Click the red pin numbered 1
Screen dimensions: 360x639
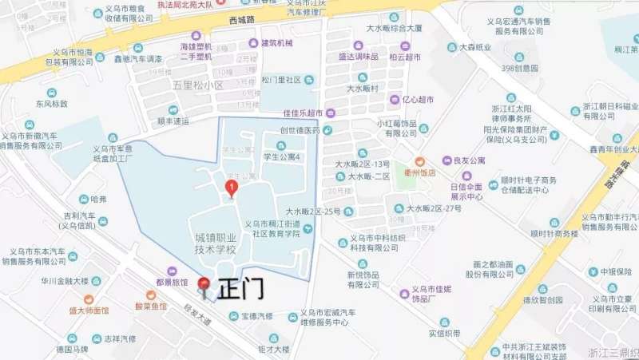click(232, 188)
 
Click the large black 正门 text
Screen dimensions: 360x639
click(240, 288)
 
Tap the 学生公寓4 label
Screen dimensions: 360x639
click(282, 157)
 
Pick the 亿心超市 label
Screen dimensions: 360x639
click(417, 100)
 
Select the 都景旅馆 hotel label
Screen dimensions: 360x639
click(172, 283)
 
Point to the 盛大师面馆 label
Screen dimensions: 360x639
click(88, 310)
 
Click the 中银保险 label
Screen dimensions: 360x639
click(616, 271)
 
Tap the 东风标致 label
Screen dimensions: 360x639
click(51, 103)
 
